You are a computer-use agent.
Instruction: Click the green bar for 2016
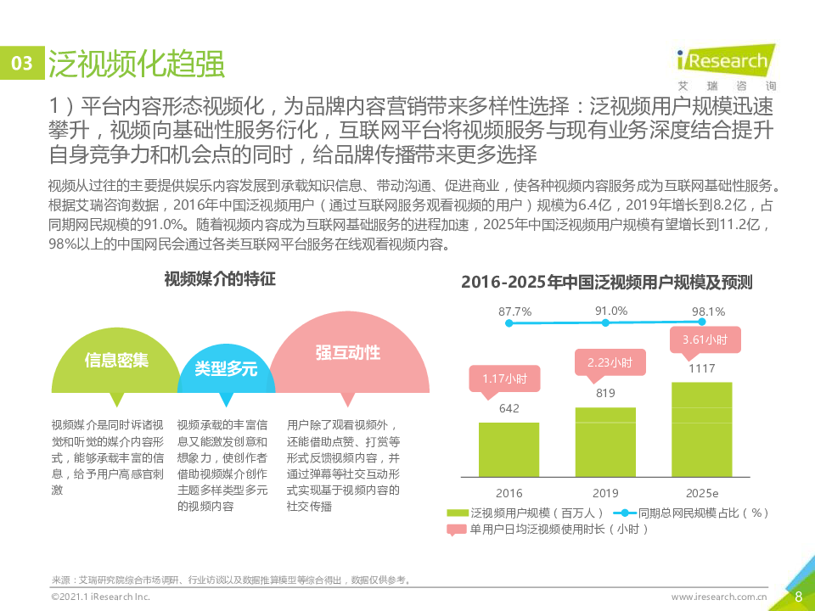click(x=509, y=450)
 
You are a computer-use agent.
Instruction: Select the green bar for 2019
click(x=605, y=442)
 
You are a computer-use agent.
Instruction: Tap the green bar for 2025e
click(x=701, y=429)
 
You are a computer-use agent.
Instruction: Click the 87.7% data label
click(x=514, y=311)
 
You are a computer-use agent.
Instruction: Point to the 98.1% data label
click(x=708, y=311)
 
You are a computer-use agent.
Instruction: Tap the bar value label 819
click(x=605, y=393)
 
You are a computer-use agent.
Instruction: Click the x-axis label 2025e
click(x=702, y=493)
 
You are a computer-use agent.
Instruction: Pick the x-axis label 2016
click(x=509, y=493)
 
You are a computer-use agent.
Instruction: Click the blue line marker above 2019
click(x=605, y=322)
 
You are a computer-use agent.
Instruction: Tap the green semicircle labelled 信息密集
click(x=116, y=364)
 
